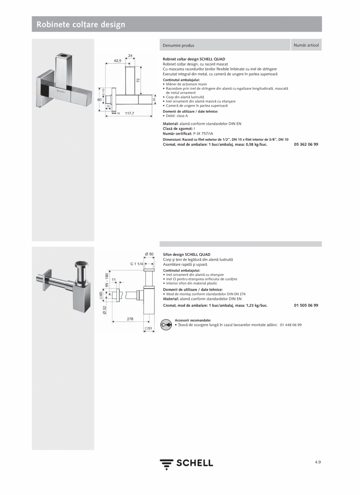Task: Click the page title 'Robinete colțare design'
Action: click(81, 25)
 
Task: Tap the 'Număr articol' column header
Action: click(306, 45)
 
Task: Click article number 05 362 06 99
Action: click(306, 144)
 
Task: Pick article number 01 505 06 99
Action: click(306, 305)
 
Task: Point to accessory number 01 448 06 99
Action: click(291, 325)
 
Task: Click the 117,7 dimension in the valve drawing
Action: click(130, 113)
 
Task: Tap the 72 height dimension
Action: click(138, 80)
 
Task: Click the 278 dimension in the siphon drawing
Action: click(130, 319)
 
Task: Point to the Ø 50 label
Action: click(149, 255)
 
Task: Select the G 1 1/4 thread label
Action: click(137, 264)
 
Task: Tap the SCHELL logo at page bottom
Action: click(186, 463)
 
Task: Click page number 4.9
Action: click(318, 462)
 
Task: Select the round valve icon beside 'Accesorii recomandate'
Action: click(166, 325)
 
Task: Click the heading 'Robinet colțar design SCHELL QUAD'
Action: click(194, 59)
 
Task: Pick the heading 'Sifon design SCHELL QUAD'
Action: click(186, 255)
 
